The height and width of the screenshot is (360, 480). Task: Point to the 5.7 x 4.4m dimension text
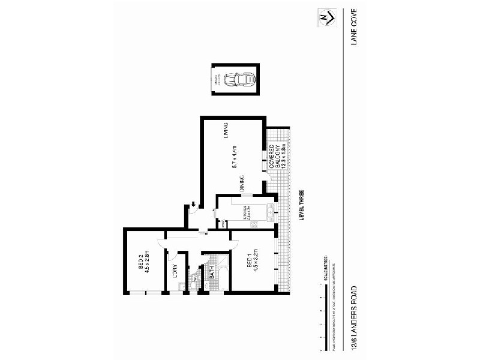click(x=236, y=160)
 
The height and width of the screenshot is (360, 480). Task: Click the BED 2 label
click(x=140, y=262)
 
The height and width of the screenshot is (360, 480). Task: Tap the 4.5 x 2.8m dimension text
click(x=148, y=262)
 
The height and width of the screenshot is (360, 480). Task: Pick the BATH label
click(x=212, y=272)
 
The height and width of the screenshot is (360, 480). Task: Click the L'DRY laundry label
click(x=175, y=271)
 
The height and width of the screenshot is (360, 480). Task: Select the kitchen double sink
click(x=270, y=211)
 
